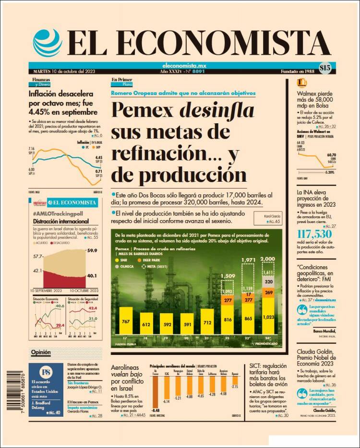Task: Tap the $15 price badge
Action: (x=325, y=68)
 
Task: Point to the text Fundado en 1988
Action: (x=298, y=71)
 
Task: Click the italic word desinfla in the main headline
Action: (x=216, y=111)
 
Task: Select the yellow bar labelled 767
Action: (x=127, y=322)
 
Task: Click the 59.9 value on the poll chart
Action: (x=92, y=250)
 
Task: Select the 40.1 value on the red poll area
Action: (x=92, y=276)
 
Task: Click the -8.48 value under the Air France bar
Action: (x=155, y=411)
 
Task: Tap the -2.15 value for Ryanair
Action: (x=235, y=386)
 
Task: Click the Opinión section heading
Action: (x=41, y=352)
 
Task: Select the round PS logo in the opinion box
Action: (x=47, y=372)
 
